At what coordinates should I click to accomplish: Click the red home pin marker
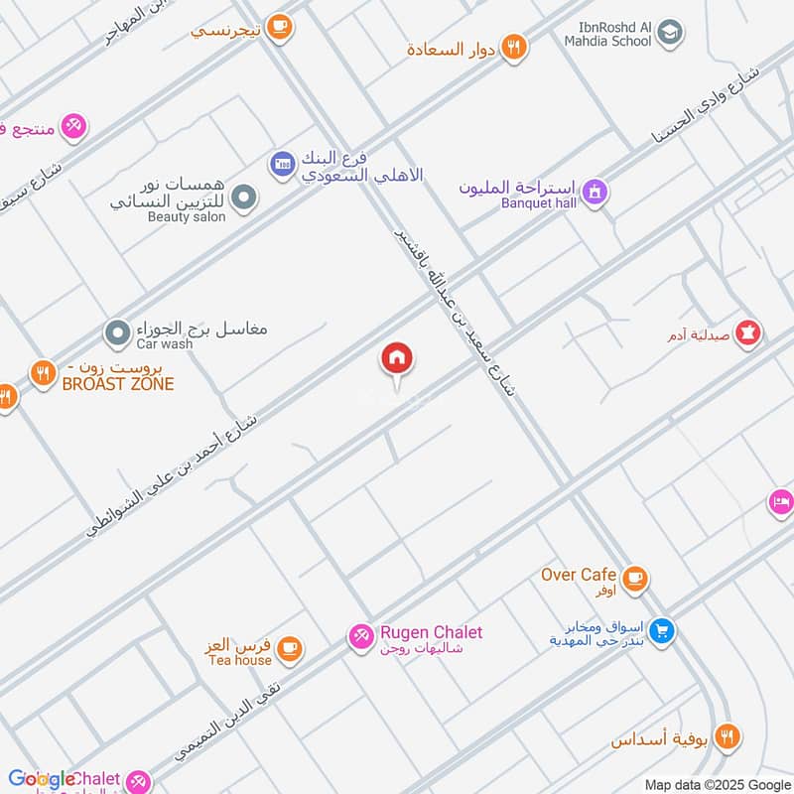[397, 359]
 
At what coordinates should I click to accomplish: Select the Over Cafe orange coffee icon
[634, 577]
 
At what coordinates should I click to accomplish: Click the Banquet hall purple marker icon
[594, 191]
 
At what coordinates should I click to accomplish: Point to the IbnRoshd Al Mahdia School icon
[671, 32]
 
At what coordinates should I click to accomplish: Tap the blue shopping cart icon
[664, 628]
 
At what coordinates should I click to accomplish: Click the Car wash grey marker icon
[118, 331]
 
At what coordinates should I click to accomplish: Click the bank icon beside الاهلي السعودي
[282, 162]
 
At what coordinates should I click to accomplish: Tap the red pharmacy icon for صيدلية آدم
[749, 332]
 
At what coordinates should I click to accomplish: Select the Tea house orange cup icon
[288, 648]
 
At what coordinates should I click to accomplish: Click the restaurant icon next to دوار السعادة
[513, 46]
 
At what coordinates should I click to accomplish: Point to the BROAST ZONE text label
[117, 384]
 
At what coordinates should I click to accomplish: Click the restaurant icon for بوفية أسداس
[728, 736]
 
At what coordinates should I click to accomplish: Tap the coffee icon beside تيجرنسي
[281, 27]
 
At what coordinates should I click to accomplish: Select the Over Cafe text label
[580, 575]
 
